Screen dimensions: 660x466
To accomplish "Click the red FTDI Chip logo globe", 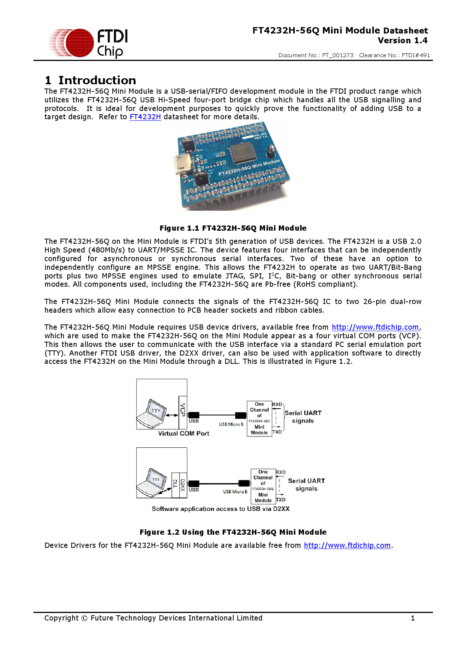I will pyautogui.click(x=77, y=43).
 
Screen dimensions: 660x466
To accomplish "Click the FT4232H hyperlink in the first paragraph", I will pyautogui.click(x=145, y=117).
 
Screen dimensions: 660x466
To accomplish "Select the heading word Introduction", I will pyautogui.click(x=97, y=80).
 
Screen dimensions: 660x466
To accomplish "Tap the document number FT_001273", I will pyautogui.click(x=337, y=55).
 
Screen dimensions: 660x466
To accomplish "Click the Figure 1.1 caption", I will pyautogui.click(x=233, y=228).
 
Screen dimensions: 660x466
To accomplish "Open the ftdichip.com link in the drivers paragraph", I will pyautogui.click(x=375, y=327).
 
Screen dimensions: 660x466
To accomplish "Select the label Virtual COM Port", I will pyautogui.click(x=183, y=433).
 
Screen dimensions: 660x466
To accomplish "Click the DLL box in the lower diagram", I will pyautogui.click(x=175, y=485).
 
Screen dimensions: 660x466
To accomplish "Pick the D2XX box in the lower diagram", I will pyautogui.click(x=183, y=485).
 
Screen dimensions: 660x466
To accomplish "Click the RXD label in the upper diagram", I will pyautogui.click(x=277, y=405).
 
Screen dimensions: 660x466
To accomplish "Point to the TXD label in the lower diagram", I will pyautogui.click(x=281, y=500).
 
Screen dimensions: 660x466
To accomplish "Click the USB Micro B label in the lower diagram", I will pyautogui.click(x=235, y=492).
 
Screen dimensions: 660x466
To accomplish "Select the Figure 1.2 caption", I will pyautogui.click(x=233, y=532).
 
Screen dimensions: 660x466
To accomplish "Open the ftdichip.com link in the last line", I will pyautogui.click(x=347, y=546).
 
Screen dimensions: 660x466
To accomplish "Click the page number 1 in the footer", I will pyautogui.click(x=413, y=618).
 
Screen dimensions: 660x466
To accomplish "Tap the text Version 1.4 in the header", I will pyautogui.click(x=402, y=41).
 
